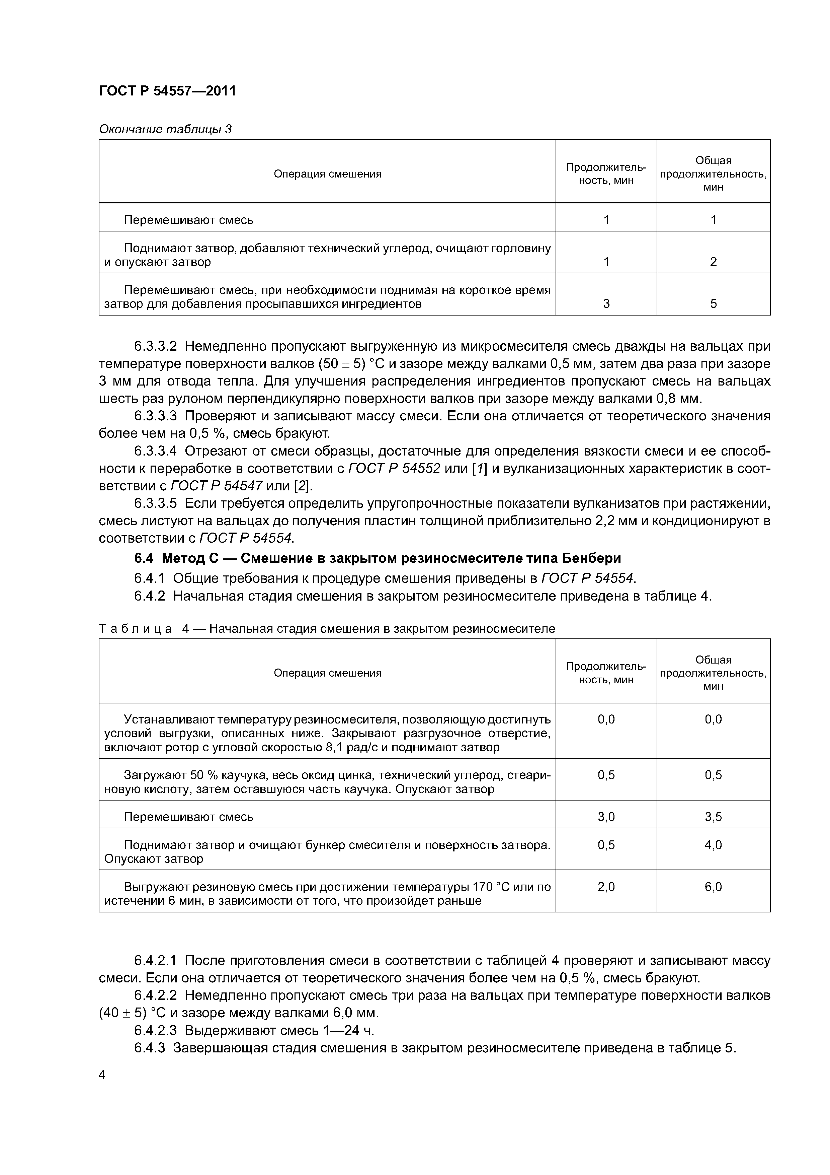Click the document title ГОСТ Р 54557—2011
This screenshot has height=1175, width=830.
pyautogui.click(x=167, y=91)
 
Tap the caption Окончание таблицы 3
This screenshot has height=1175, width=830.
pyautogui.click(x=165, y=130)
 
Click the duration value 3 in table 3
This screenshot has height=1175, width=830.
pyautogui.click(x=606, y=304)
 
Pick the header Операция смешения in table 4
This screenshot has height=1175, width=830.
pyautogui.click(x=327, y=673)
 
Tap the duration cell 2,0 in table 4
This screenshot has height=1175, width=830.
pyautogui.click(x=606, y=887)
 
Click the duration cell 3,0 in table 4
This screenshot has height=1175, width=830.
pyautogui.click(x=606, y=817)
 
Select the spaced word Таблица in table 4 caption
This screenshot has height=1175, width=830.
pyautogui.click(x=136, y=629)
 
